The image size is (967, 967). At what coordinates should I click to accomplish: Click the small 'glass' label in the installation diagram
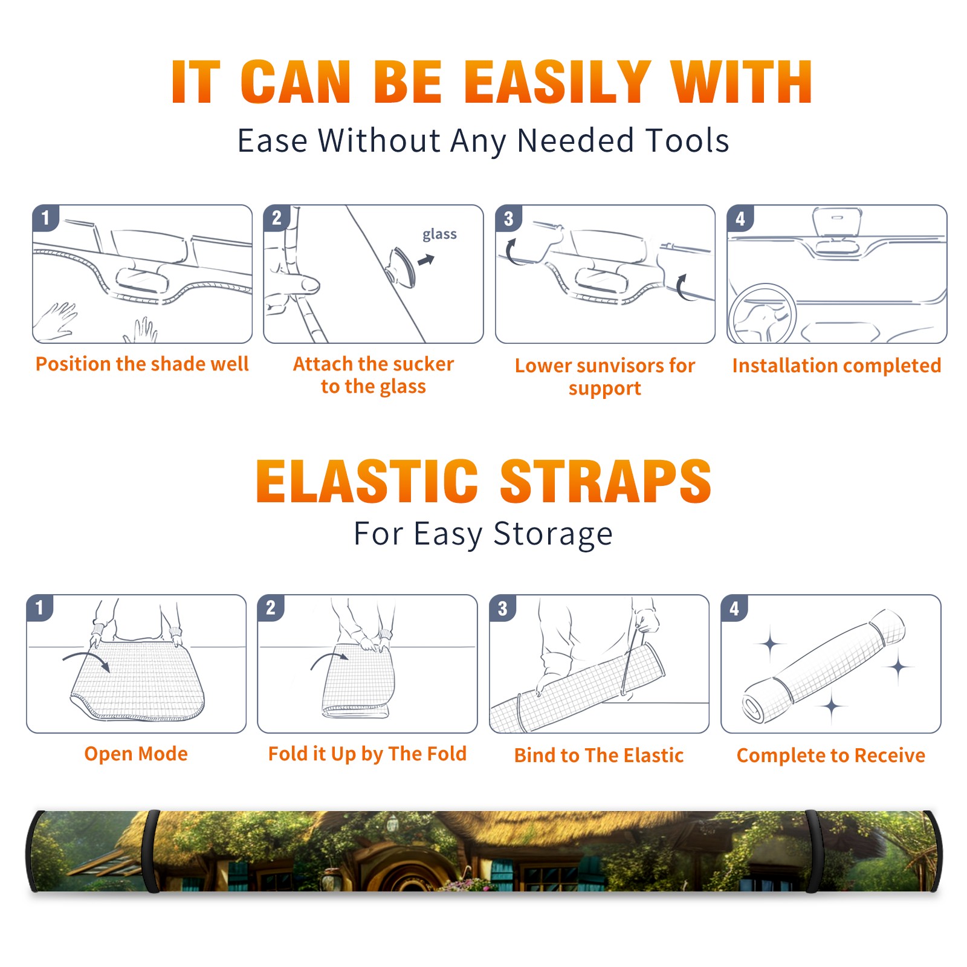(x=439, y=234)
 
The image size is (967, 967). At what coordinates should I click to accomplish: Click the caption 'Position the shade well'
(x=142, y=364)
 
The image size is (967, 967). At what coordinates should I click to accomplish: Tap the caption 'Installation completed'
(x=836, y=366)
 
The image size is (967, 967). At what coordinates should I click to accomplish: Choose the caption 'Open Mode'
(x=136, y=754)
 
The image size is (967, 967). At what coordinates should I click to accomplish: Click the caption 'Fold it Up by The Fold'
(x=367, y=754)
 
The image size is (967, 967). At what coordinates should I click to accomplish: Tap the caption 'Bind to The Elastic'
(x=599, y=755)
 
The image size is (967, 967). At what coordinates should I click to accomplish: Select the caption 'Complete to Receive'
(x=831, y=755)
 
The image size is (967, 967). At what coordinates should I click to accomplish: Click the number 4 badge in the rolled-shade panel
(x=734, y=608)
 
